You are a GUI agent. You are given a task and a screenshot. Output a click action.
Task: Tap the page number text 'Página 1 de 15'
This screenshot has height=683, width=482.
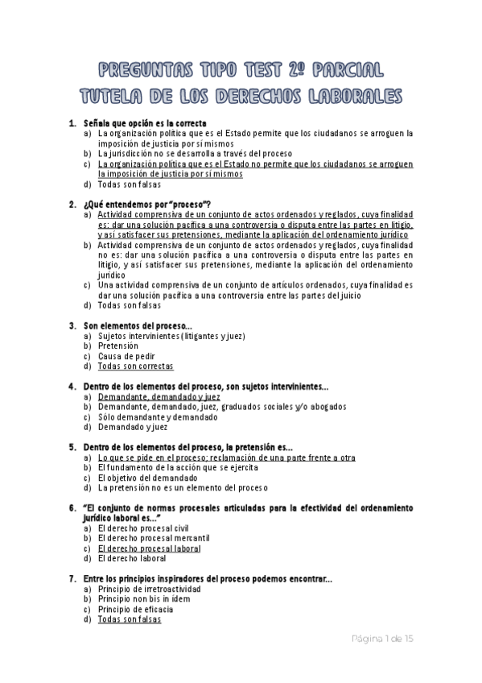[383, 639]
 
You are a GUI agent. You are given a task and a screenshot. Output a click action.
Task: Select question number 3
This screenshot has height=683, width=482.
[72, 325]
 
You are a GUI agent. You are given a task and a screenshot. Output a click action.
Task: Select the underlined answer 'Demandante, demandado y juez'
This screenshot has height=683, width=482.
[159, 397]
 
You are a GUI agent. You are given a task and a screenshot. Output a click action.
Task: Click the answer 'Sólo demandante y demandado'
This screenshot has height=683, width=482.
[158, 417]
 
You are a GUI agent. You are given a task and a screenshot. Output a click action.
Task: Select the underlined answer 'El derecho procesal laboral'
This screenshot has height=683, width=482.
[149, 548]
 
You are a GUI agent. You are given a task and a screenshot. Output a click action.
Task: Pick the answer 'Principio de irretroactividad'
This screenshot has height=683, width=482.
[150, 589]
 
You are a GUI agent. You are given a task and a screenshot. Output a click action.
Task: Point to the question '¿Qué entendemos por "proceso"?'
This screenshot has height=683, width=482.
[147, 204]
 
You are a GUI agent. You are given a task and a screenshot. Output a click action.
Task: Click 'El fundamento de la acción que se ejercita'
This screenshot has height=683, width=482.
[178, 467]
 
